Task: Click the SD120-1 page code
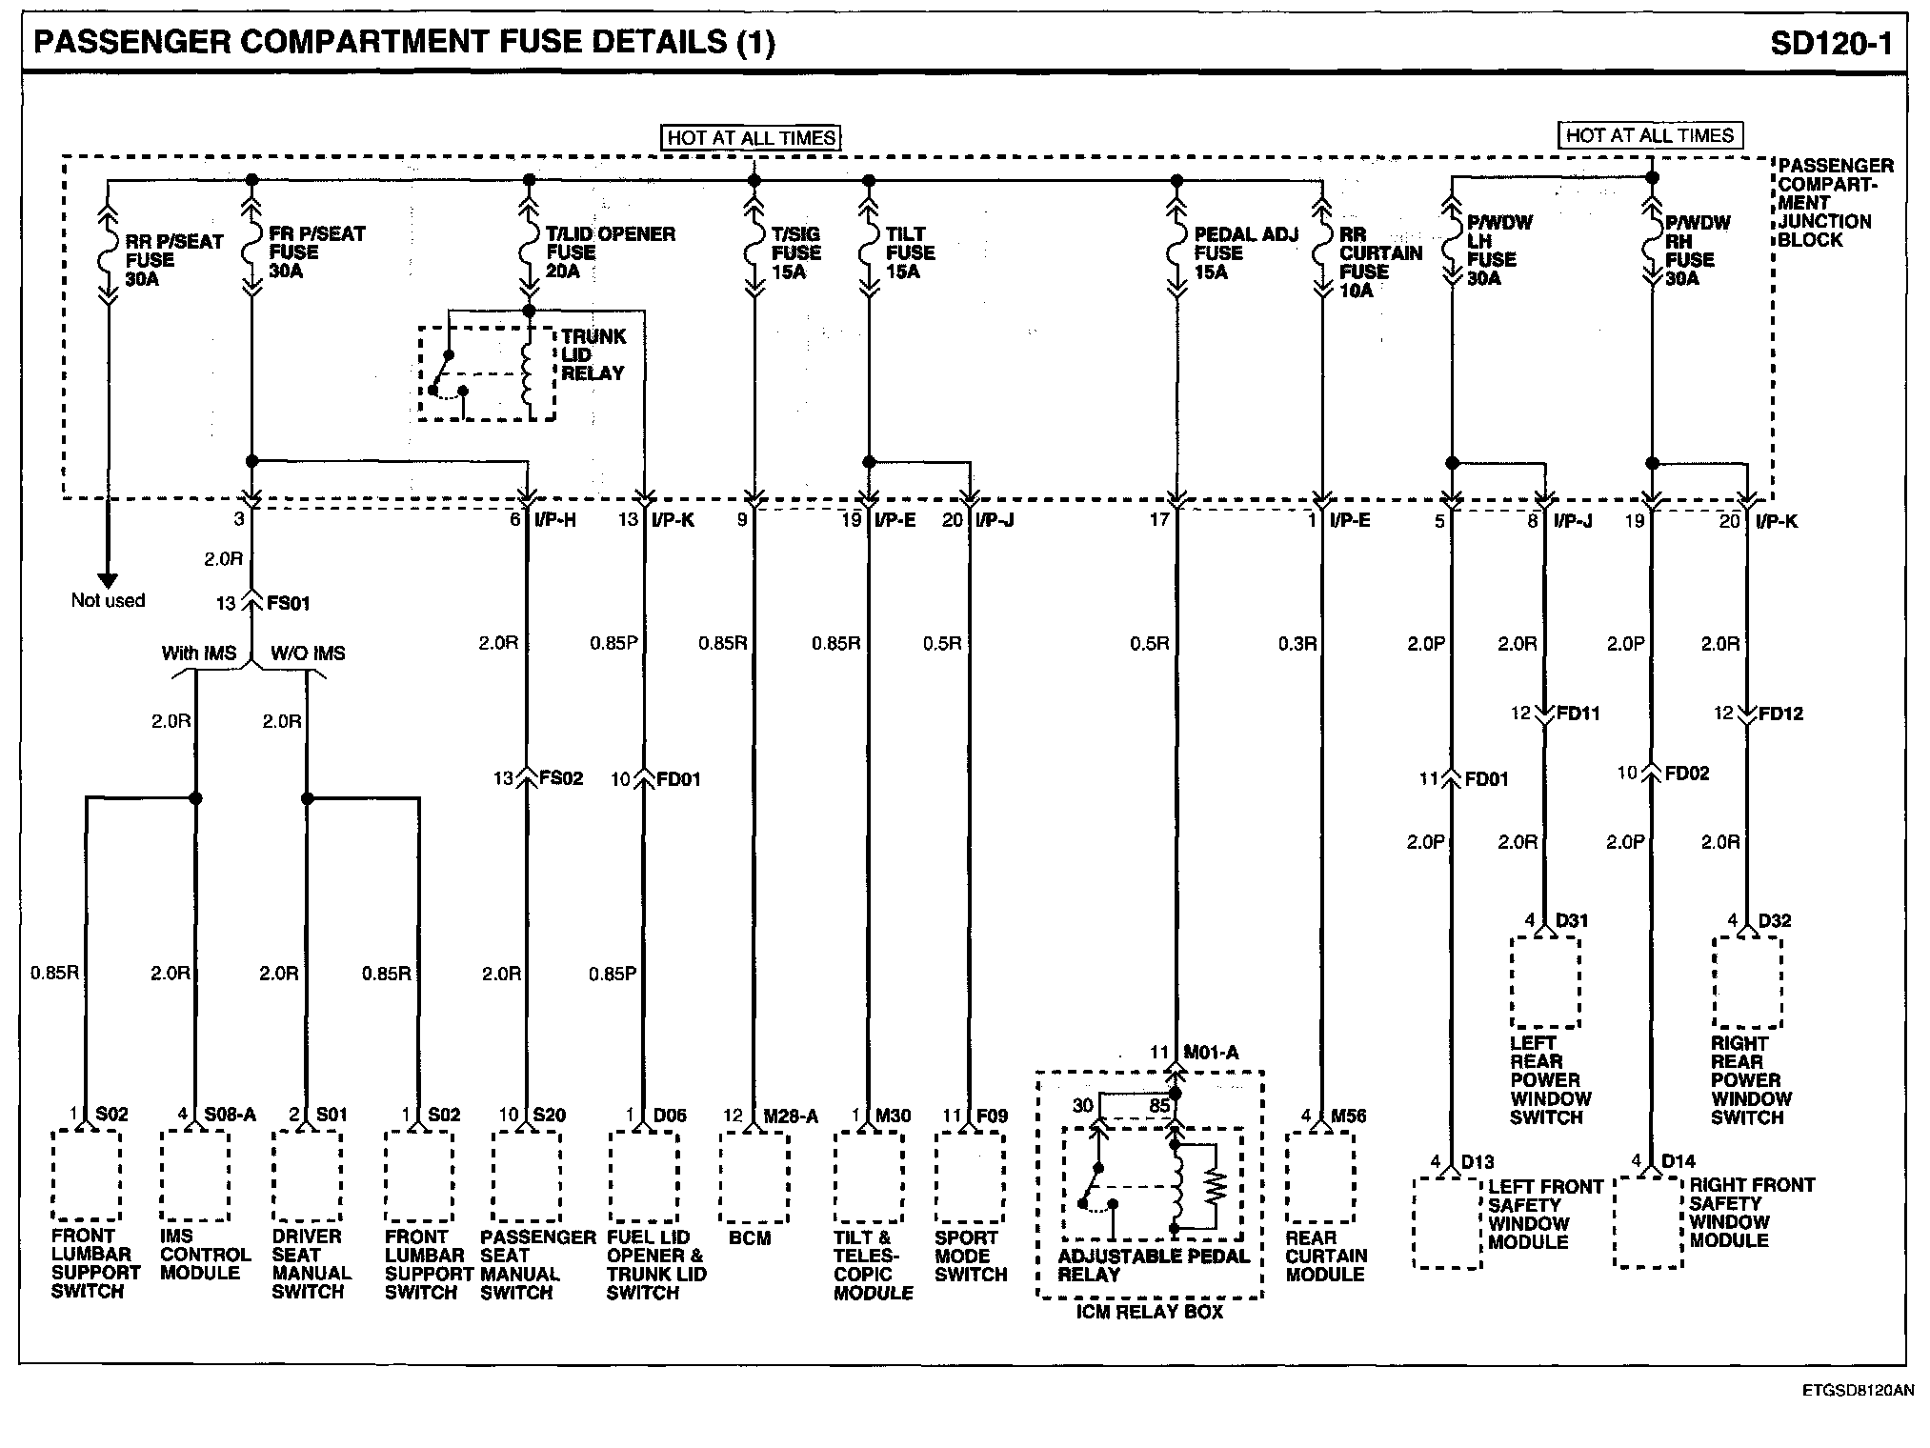coord(1831,44)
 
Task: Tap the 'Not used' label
coord(108,600)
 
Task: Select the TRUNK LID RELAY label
coord(593,355)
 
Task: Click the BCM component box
coord(754,1176)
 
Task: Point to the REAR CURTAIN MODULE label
coord(1325,1256)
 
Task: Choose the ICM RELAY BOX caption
coord(1149,1312)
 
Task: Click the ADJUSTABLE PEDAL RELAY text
coord(1153,1265)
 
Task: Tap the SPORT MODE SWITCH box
coord(969,1176)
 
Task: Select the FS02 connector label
coord(560,778)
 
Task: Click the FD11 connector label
coord(1578,713)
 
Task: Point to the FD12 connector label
coord(1779,714)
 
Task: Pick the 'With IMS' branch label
coord(198,654)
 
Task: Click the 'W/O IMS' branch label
coord(308,654)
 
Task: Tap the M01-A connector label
coord(1210,1053)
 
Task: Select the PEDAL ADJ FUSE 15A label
coord(1245,253)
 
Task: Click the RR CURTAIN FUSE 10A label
coord(1379,262)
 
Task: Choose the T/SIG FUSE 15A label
coord(794,252)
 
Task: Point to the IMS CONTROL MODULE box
coord(194,1176)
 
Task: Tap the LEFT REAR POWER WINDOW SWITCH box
coord(1544,982)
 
